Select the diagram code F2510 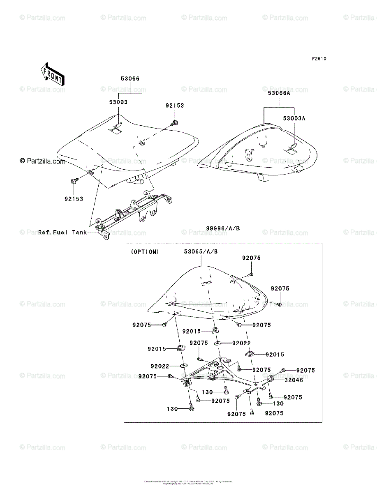[x=319, y=59]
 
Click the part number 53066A [x=279, y=93]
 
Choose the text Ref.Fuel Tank [x=62, y=233]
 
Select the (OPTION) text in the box [x=145, y=252]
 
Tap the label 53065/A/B [x=201, y=251]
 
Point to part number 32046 [x=293, y=380]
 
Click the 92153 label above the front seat [x=175, y=106]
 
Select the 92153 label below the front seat [x=74, y=199]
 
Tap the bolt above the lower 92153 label [x=74, y=180]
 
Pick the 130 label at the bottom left [x=172, y=409]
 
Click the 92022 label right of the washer [x=242, y=343]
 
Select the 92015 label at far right [x=275, y=354]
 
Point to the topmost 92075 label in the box [x=251, y=258]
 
